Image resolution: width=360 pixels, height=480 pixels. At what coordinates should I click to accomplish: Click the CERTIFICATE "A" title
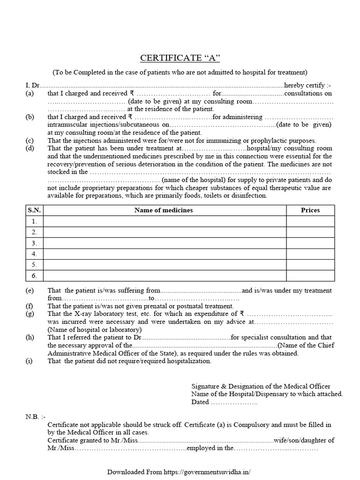180,58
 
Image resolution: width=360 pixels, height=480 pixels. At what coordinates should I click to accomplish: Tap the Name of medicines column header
164,210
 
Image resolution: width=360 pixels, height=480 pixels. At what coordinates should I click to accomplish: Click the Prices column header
310,210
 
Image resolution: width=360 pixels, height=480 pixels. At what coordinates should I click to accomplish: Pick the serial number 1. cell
34,221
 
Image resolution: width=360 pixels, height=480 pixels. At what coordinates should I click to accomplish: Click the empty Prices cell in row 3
310,243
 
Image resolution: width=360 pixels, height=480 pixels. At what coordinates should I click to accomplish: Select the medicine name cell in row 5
164,264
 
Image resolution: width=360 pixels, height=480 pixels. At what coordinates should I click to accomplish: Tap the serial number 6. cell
34,275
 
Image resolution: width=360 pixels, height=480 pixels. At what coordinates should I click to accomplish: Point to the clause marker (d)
30,148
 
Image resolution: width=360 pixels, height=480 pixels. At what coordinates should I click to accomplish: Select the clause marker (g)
30,314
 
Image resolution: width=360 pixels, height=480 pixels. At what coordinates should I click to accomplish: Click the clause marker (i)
30,361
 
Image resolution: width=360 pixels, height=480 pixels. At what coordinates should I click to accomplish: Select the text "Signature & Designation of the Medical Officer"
261,386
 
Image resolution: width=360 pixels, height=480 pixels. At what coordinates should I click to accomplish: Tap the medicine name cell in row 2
164,232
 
